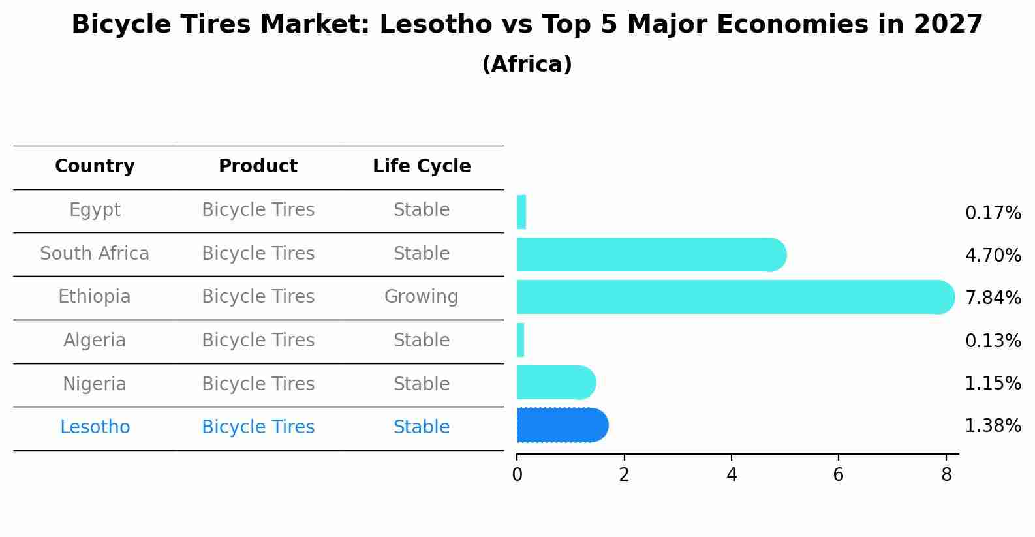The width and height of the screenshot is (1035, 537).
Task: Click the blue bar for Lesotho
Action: pos(561,425)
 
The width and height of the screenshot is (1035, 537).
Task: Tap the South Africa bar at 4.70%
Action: pos(650,254)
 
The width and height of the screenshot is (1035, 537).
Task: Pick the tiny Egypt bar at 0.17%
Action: pos(521,212)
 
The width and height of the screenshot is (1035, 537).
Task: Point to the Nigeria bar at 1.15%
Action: pos(555,382)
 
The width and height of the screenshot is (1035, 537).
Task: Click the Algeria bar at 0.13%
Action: pos(520,340)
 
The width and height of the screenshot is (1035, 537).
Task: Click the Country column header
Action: pos(95,166)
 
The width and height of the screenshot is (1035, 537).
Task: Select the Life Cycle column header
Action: pos(422,166)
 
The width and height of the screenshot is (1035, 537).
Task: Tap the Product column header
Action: pos(258,166)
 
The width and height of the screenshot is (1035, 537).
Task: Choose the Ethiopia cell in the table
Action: pos(95,297)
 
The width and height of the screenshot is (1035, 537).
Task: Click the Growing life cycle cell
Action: pos(421,297)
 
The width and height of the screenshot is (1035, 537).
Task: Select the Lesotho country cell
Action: pos(95,427)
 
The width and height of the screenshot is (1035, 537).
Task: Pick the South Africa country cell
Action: pos(95,254)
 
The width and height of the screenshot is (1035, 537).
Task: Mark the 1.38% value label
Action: pos(993,426)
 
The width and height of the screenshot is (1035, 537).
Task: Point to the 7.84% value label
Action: pos(993,298)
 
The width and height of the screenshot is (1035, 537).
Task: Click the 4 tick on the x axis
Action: pos(732,475)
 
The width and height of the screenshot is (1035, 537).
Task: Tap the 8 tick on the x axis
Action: pos(946,475)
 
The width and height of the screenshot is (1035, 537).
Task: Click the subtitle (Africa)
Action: pos(527,65)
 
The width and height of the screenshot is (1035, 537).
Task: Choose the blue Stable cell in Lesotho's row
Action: pos(421,427)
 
